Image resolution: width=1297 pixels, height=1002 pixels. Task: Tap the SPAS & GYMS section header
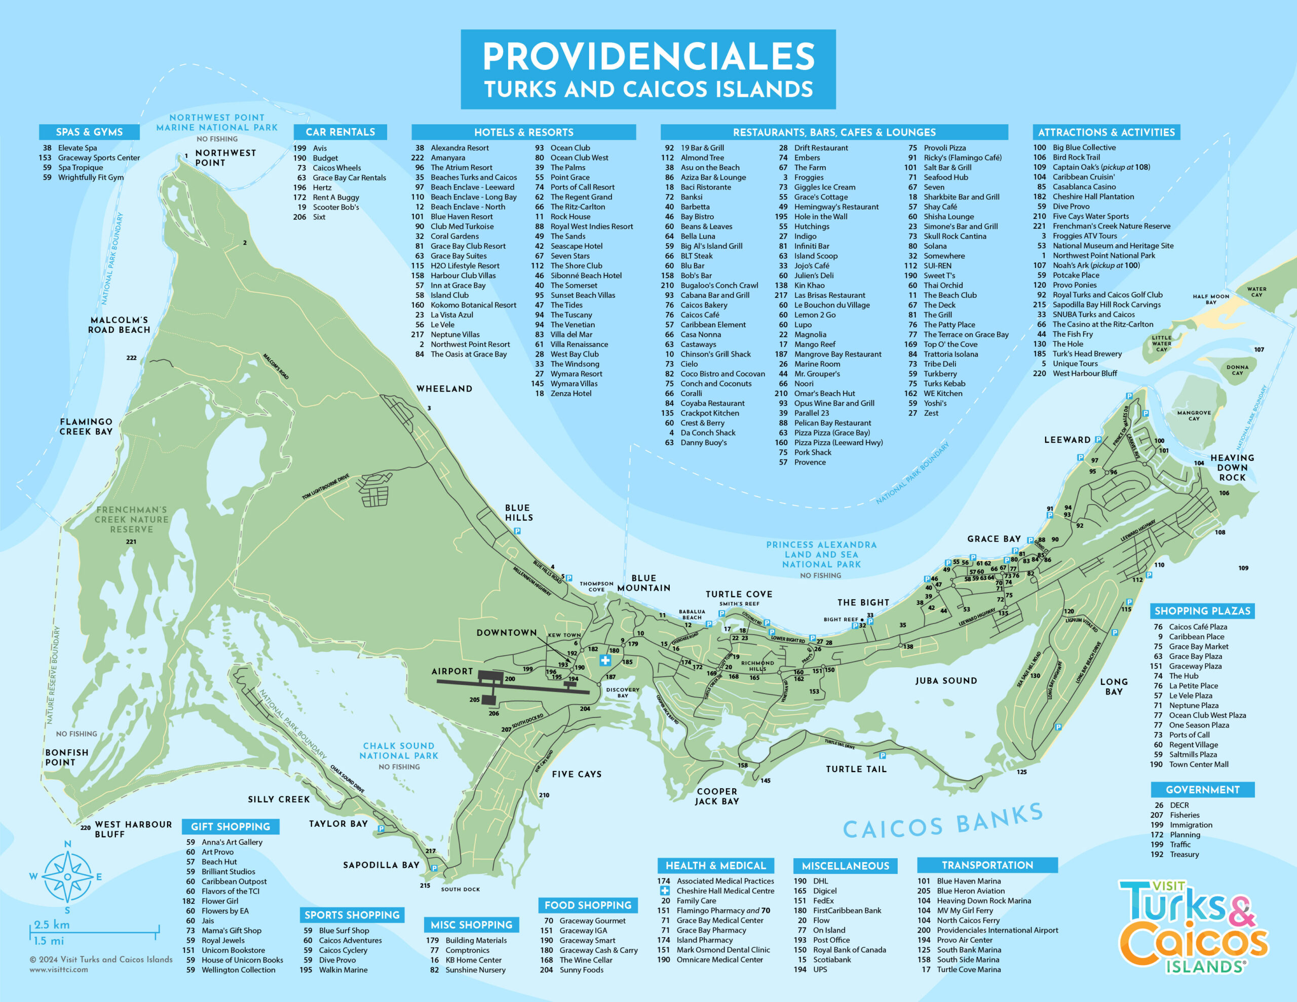[89, 132]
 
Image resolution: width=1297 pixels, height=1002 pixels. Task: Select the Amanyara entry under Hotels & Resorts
[448, 158]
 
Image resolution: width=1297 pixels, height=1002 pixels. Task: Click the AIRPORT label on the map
[452, 671]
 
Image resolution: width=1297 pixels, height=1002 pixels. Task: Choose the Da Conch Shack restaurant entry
[707, 433]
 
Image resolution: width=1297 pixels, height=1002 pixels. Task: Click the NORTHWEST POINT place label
[225, 158]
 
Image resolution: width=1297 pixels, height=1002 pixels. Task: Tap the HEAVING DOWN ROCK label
[1232, 468]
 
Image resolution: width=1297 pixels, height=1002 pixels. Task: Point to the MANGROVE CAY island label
[1194, 416]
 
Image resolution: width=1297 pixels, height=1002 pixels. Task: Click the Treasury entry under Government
[1184, 855]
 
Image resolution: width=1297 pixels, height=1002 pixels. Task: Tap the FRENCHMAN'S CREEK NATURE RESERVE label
[132, 519]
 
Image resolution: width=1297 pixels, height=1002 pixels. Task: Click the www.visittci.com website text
[59, 970]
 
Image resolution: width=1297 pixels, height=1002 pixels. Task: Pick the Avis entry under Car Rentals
[320, 148]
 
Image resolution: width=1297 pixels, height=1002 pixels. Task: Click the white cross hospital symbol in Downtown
[604, 660]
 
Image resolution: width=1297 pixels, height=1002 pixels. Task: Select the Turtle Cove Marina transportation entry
[968, 970]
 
